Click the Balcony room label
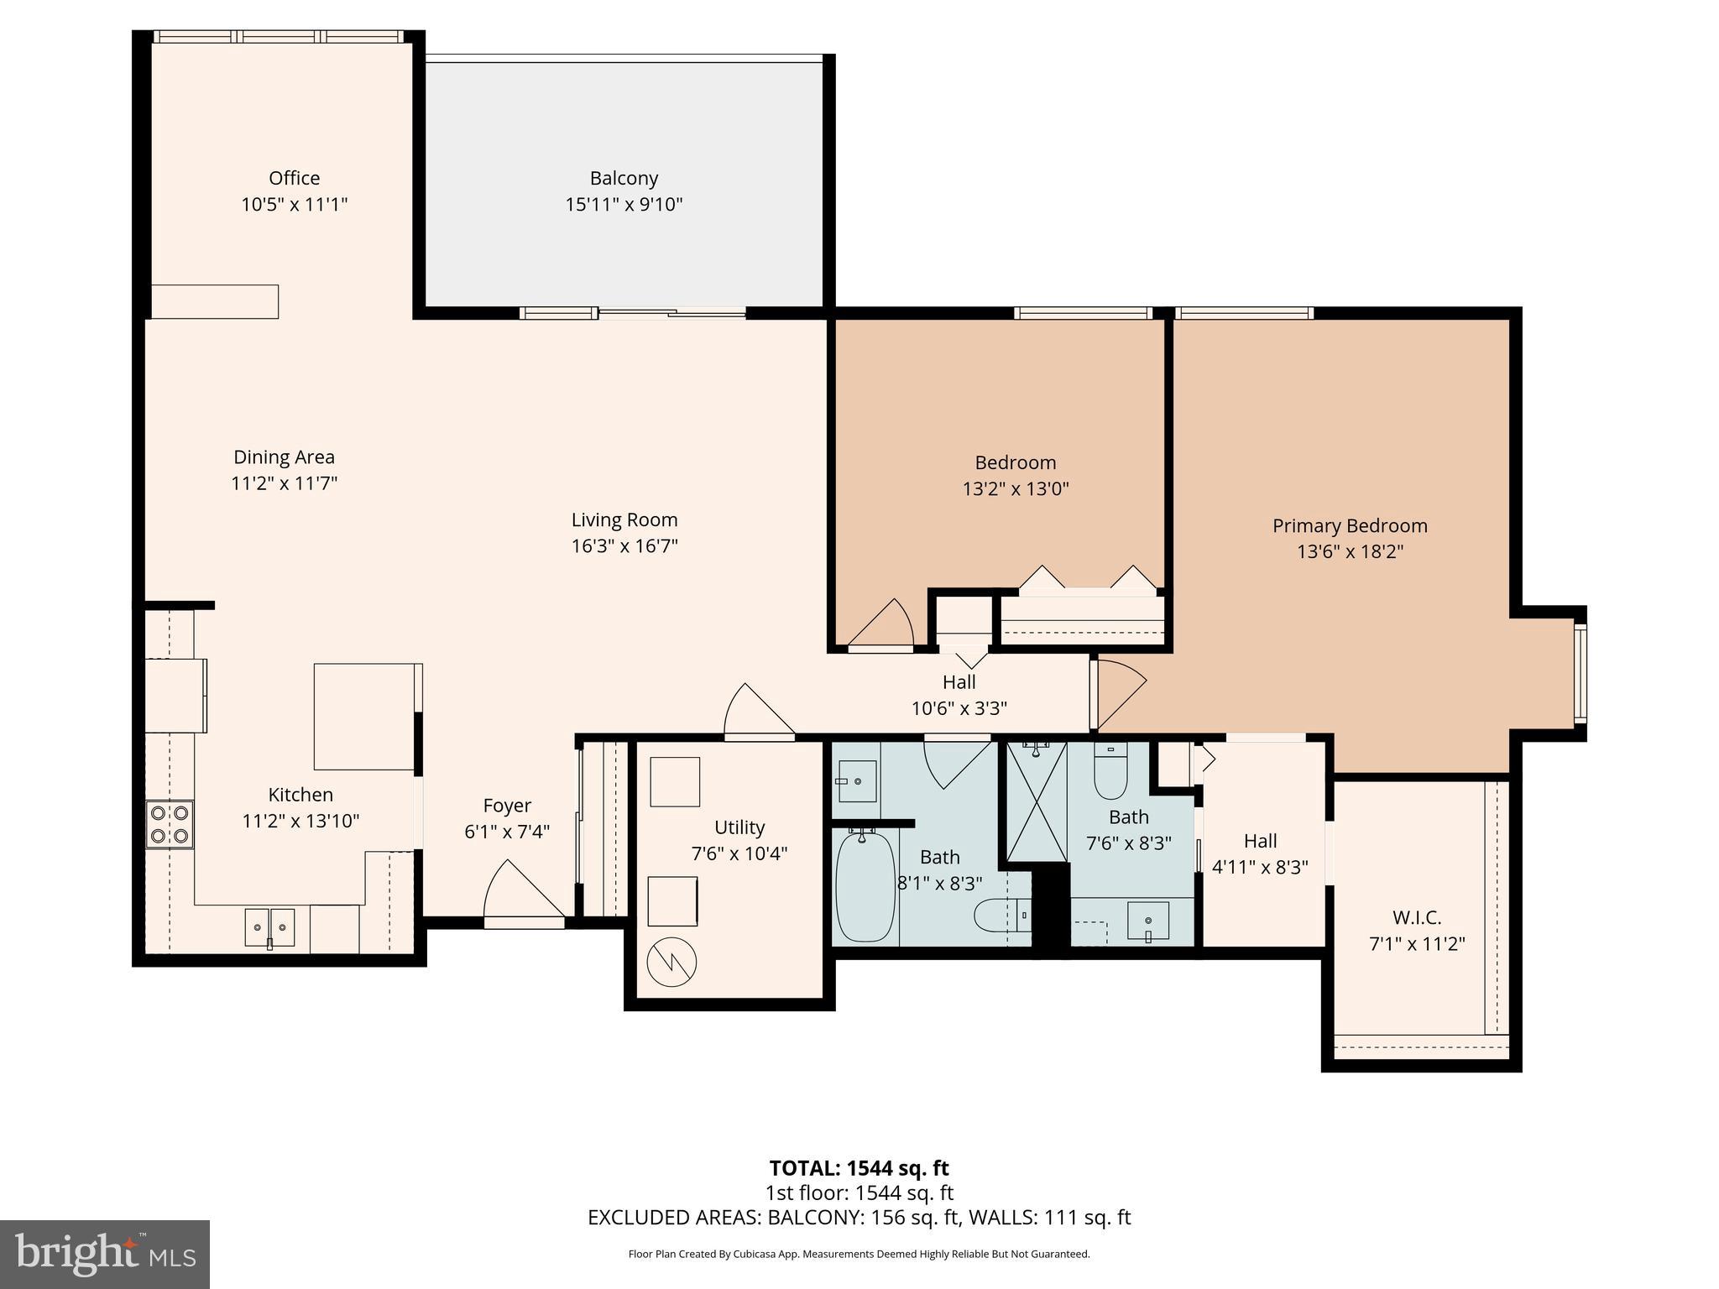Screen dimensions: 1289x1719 [624, 178]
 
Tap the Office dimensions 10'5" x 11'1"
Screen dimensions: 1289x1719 [294, 204]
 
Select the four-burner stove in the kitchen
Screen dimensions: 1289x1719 [169, 824]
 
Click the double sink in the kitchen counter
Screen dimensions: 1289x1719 [269, 926]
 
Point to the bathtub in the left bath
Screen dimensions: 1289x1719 [865, 886]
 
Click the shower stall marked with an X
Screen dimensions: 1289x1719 [1037, 801]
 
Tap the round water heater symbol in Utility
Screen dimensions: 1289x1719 [672, 960]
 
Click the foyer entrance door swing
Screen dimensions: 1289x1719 [519, 894]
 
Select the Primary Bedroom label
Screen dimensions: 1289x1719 [1349, 525]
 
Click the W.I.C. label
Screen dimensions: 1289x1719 [1416, 917]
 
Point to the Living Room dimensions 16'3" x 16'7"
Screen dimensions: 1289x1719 [624, 546]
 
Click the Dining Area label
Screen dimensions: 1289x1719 [284, 457]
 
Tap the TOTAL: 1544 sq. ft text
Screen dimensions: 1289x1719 [859, 1168]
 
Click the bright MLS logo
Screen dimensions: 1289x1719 [105, 1254]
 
